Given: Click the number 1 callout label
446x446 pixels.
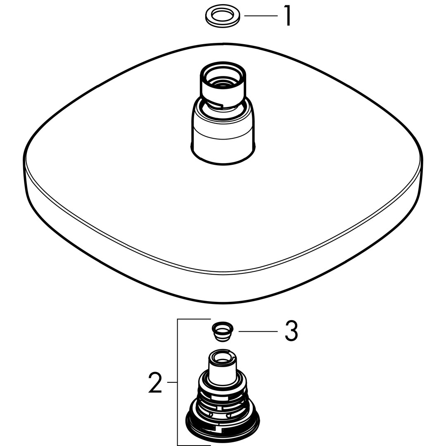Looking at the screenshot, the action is tap(287, 16).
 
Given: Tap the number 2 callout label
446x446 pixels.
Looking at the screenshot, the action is tap(155, 383).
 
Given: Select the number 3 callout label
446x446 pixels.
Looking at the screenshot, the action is tap(291, 331).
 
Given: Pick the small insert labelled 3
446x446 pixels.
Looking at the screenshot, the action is tap(223, 332).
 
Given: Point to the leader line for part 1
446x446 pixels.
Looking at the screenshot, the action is tap(261, 16).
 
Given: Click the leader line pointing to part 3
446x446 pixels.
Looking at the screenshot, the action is tap(258, 331).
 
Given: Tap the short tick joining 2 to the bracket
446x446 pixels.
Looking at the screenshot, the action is tap(172, 382).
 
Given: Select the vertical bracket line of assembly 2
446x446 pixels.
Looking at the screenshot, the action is tap(178, 382).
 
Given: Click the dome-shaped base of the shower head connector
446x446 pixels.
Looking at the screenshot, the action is tap(223, 131).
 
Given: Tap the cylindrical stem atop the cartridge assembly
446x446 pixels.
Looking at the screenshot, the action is tap(223, 367).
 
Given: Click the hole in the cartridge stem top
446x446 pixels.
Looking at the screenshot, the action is tap(223, 357).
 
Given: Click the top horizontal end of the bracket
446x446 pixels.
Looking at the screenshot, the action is tap(194, 319).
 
